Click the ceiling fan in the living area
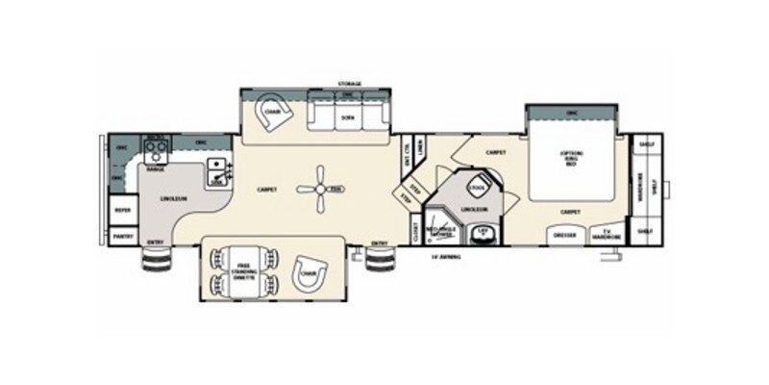tap(318, 189)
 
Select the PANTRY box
tap(123, 235)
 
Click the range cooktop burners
tap(155, 148)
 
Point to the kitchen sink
tap(216, 170)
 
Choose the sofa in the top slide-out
tap(347, 115)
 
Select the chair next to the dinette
tap(309, 272)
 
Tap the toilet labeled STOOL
tap(477, 187)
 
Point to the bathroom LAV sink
tap(485, 233)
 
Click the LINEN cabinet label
tap(420, 146)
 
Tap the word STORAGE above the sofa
tap(349, 85)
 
